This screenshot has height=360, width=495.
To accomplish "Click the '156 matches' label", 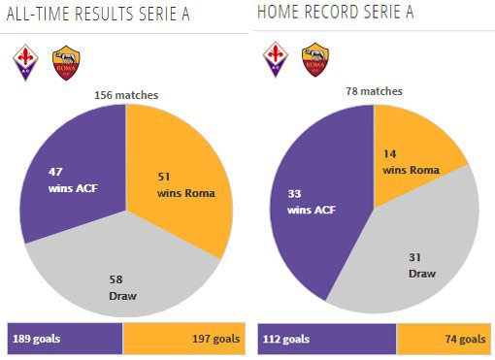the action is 126,95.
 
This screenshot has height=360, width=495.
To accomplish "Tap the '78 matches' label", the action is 374,91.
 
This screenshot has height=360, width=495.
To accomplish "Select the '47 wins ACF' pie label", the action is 73,180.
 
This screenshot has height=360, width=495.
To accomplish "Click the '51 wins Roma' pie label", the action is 186,185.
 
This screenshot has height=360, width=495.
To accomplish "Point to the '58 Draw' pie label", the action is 122,287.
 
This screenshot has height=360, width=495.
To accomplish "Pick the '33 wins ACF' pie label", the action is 312,202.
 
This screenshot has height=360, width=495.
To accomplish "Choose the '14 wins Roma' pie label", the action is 412,162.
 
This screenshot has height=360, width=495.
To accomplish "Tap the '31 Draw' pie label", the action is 422,266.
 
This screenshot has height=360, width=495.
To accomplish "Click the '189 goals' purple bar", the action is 65,339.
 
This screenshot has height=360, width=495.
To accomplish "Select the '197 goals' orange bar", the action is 184,339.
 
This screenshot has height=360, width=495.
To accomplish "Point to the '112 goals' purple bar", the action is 327,339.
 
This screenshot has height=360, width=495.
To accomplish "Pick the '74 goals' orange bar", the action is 445,339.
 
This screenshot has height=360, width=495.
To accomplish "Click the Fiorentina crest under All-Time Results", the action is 25,62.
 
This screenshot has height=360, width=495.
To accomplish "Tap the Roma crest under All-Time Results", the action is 66,63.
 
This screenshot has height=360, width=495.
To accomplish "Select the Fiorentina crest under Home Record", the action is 276,59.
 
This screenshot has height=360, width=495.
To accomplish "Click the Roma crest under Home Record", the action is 315,60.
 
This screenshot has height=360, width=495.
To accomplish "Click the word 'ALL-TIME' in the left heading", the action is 38,14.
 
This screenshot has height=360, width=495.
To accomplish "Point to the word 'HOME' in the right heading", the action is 279,12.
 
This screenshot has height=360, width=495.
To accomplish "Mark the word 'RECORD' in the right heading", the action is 332,12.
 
